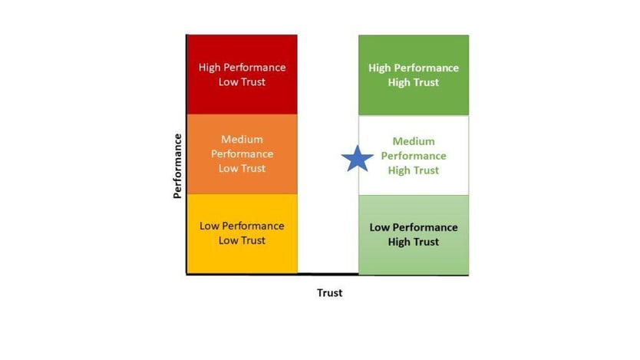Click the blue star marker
tap(357, 158)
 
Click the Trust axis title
tap(330, 292)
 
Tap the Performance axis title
tap(177, 166)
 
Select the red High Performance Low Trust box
tap(242, 74)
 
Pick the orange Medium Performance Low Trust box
tap(242, 154)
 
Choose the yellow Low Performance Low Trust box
tap(242, 233)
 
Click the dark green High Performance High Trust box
tap(414, 75)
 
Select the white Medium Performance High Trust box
tap(414, 155)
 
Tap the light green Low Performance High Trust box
tap(414, 235)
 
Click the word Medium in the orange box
tap(242, 139)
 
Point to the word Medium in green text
tap(414, 141)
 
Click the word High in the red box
tap(209, 68)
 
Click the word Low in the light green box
tap(379, 227)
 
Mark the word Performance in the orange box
tap(242, 154)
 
